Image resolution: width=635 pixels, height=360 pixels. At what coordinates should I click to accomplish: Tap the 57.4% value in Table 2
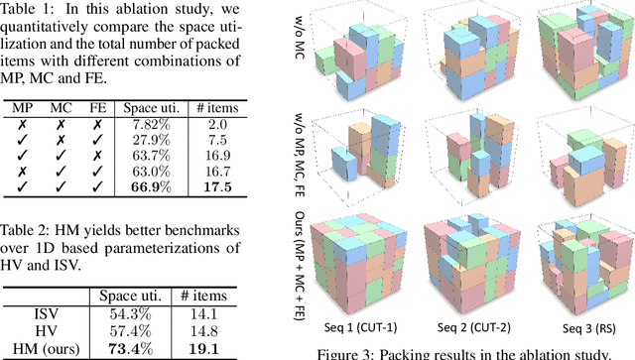131,330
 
